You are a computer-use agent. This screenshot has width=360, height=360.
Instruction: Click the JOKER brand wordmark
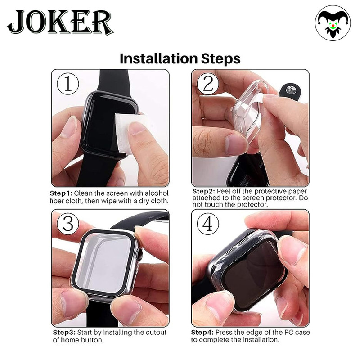[x=60, y=22]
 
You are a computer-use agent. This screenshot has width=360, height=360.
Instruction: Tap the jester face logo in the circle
[x=333, y=23]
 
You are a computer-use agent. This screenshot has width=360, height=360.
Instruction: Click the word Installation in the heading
[x=159, y=58]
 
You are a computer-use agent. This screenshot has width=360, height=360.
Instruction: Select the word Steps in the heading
[x=220, y=59]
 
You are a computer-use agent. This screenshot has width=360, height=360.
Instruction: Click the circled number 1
[x=68, y=84]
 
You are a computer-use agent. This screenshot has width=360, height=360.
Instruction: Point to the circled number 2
[x=208, y=84]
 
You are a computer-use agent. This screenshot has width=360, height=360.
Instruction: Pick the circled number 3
[x=68, y=224]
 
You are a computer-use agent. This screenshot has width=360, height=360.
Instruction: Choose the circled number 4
[x=208, y=224]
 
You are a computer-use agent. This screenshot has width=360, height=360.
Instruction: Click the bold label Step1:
[x=61, y=193]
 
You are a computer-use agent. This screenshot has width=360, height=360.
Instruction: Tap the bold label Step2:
[x=204, y=191]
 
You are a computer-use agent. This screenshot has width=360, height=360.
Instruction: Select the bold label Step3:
[x=64, y=333]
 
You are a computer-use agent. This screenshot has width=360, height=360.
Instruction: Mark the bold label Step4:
[x=202, y=333]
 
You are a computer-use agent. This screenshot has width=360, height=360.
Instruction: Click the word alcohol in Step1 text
[x=157, y=193]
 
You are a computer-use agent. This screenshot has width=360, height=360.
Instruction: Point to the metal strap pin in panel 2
[x=290, y=90]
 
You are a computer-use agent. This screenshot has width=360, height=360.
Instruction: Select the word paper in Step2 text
[x=298, y=192]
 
